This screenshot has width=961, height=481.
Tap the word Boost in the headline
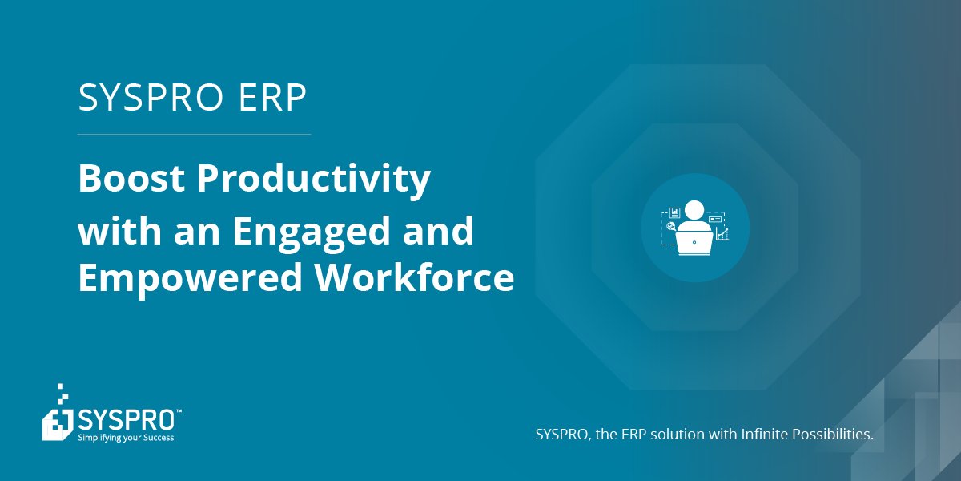[130, 179]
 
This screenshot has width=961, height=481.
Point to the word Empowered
[189, 278]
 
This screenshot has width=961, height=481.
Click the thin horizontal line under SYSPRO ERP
[194, 135]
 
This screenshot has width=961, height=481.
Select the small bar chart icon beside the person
[674, 213]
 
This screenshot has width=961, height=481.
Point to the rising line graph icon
[722, 234]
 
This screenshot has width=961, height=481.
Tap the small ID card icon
[715, 218]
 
